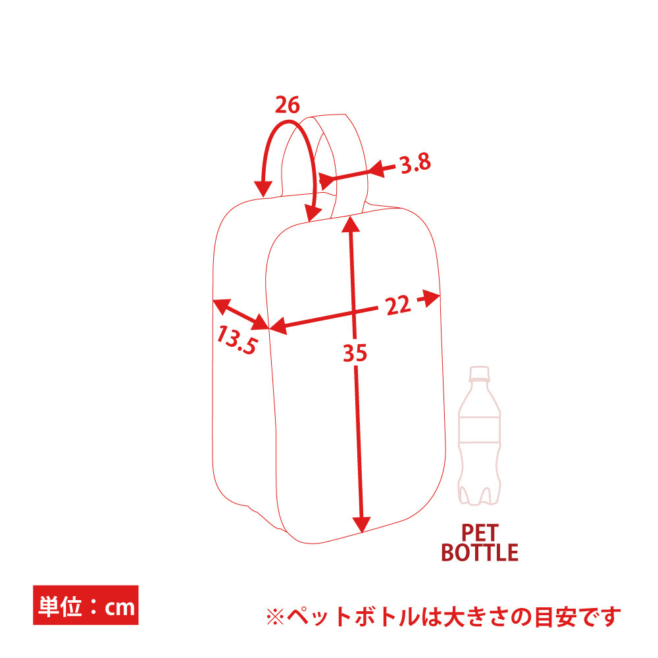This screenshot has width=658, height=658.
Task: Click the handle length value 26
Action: click(x=288, y=105)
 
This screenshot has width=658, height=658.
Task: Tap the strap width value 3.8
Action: click(x=415, y=163)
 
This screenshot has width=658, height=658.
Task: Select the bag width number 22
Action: click(x=398, y=305)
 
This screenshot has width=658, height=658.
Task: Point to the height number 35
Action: click(x=355, y=353)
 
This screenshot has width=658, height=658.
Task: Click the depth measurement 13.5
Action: click(x=237, y=341)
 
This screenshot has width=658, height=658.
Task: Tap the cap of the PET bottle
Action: click(x=479, y=373)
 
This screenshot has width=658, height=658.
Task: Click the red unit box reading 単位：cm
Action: click(x=86, y=605)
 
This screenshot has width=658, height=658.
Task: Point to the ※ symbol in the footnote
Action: click(x=275, y=617)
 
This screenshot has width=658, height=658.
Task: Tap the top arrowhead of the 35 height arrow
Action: click(x=351, y=224)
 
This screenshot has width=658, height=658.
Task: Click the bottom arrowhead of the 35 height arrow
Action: click(x=361, y=524)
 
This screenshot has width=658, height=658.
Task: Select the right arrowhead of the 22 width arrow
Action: click(x=430, y=298)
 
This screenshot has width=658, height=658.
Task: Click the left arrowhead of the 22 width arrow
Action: click(x=278, y=326)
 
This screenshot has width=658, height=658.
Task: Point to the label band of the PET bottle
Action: click(x=480, y=430)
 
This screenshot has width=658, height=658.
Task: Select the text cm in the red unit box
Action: click(x=120, y=607)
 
